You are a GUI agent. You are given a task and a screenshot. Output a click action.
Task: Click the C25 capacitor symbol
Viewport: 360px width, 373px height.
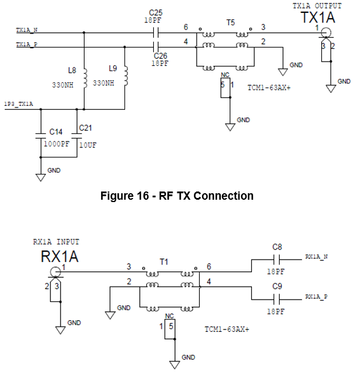tap(156, 32)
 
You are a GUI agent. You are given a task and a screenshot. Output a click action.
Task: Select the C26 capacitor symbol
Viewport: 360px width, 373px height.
tap(156, 47)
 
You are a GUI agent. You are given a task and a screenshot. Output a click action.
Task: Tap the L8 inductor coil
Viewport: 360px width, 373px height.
tap(85, 79)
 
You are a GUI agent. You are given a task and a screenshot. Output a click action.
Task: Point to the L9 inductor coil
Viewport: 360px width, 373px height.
tap(126, 76)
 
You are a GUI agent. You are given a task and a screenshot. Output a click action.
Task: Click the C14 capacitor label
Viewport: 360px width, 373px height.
tap(56, 132)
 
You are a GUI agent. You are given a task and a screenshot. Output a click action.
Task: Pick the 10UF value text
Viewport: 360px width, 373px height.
tap(88, 145)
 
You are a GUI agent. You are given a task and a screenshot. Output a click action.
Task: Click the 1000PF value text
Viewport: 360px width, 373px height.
tap(56, 144)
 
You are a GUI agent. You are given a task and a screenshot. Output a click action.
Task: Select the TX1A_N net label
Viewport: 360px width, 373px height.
tap(26, 30)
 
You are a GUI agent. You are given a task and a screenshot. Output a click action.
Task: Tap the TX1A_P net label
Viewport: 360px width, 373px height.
tap(26, 45)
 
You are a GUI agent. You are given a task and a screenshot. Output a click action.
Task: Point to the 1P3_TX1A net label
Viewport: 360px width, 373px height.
tap(19, 104)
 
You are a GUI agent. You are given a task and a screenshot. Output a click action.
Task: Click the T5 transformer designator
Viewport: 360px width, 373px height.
tap(230, 22)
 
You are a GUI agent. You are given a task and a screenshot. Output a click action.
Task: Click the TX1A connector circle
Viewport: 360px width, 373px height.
tap(326, 32)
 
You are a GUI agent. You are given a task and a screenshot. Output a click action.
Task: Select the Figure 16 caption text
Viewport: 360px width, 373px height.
tap(177, 196)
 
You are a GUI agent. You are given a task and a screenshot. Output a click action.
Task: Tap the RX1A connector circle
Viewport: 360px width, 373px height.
tap(56, 272)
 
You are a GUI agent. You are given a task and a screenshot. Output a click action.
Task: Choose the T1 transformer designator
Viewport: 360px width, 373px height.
tap(164, 262)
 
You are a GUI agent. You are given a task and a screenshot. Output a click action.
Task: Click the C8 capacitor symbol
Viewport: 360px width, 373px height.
tap(277, 259)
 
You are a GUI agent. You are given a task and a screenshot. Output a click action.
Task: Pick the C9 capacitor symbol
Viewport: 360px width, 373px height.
tap(277, 299)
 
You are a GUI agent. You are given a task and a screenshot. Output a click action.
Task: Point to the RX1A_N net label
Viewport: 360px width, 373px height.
tap(317, 257)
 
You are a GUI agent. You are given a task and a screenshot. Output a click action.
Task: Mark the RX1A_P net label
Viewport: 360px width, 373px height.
tap(317, 297)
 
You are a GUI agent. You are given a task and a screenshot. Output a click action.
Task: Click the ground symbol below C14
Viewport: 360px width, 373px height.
tap(41, 177)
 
